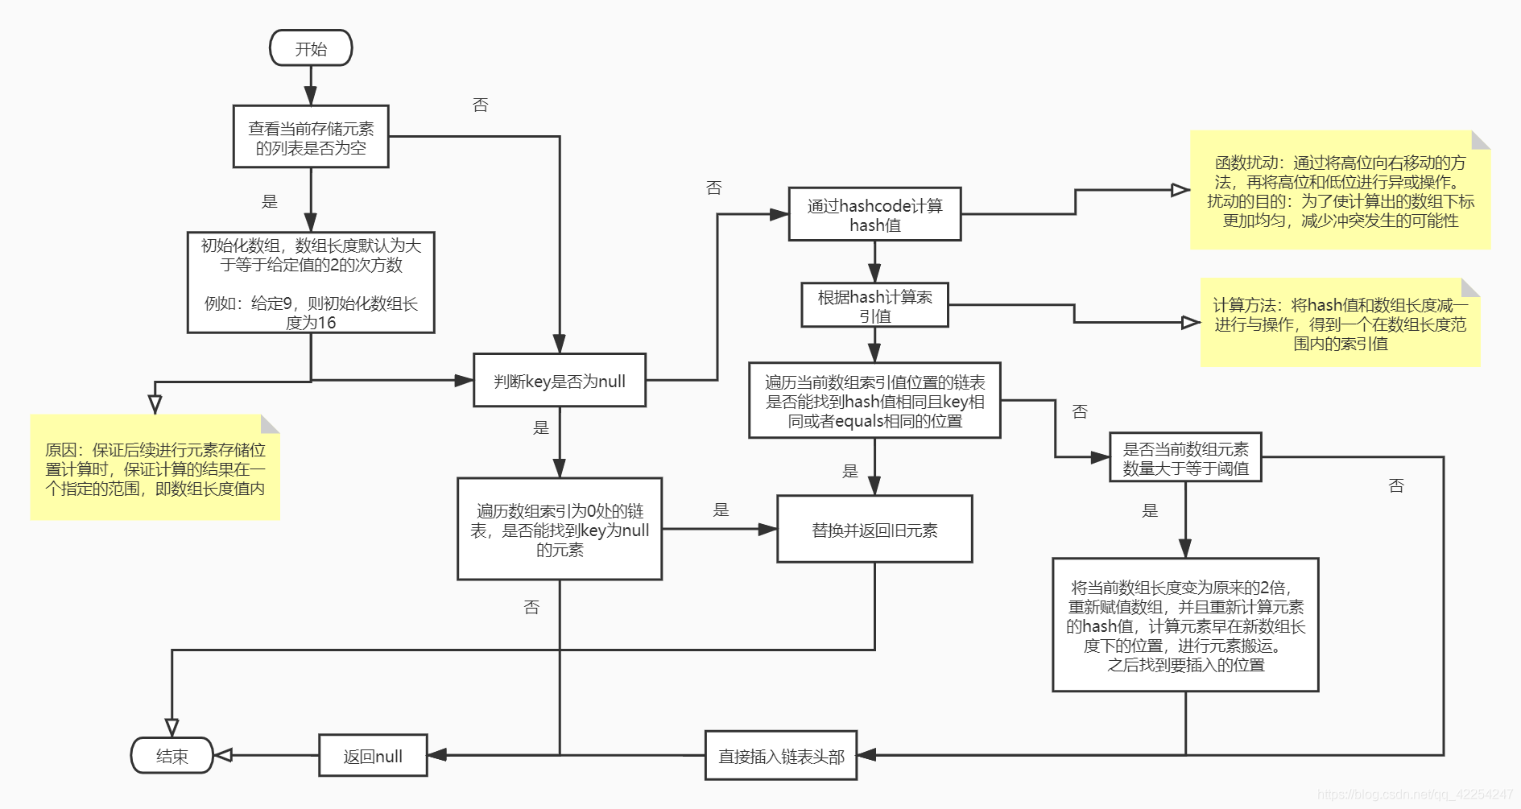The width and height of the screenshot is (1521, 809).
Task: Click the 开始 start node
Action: tap(311, 48)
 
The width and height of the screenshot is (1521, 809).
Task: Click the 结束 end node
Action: tap(172, 756)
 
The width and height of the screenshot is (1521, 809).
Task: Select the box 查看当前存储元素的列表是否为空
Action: tap(311, 137)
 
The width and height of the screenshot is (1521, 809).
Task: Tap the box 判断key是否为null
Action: tap(560, 381)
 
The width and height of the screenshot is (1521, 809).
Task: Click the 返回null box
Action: tap(373, 756)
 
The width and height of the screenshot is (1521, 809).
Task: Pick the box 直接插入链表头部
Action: tap(781, 756)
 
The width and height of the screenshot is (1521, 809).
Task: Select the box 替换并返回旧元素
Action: tap(874, 530)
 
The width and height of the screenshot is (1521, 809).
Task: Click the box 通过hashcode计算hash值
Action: tap(874, 215)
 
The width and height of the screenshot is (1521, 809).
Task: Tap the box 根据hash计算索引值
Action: tap(874, 306)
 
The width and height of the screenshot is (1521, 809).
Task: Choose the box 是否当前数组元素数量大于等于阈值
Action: tap(1185, 458)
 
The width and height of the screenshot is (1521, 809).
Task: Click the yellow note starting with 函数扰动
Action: tap(1340, 191)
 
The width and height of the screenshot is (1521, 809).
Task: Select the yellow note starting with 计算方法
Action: tap(1340, 324)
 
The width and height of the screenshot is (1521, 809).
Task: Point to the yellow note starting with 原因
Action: tap(155, 468)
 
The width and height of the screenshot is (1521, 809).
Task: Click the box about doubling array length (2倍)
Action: tap(1185, 625)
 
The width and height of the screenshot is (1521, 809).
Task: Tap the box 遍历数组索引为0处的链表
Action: tap(560, 530)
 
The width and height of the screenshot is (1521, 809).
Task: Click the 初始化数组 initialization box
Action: tap(311, 283)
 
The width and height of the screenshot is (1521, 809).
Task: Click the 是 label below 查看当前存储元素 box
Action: tap(270, 201)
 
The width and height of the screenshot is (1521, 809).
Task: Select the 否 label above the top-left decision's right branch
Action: tap(480, 105)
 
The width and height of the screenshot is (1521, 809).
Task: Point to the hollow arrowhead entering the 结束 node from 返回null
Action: tap(223, 755)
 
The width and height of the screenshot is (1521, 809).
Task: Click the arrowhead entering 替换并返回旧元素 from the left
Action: tap(767, 530)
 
